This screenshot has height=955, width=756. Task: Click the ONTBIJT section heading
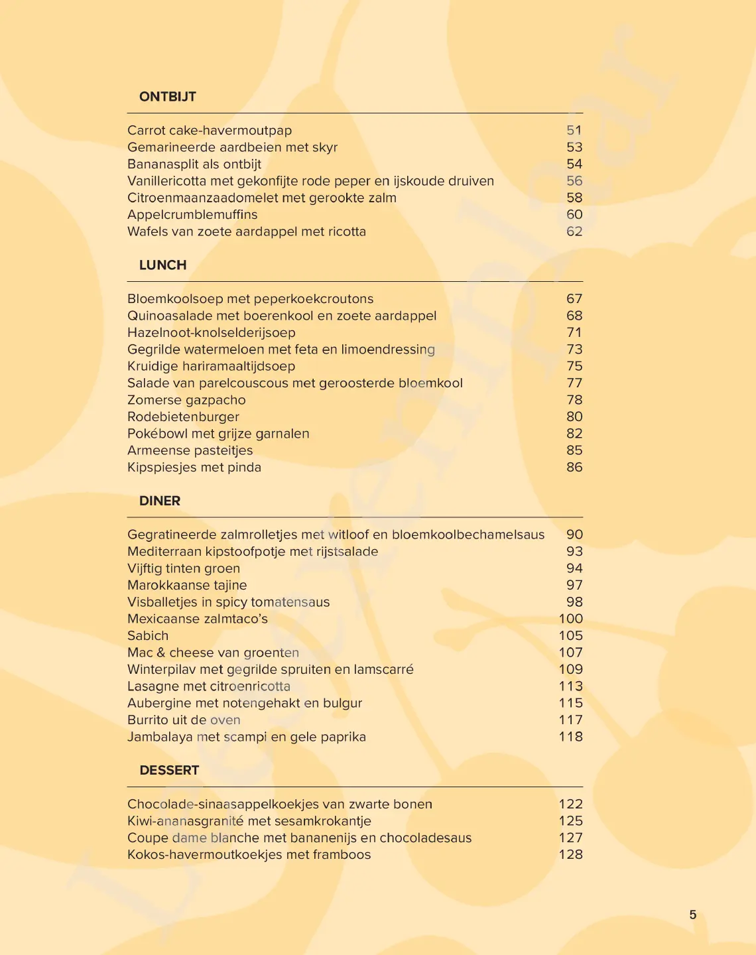[x=167, y=97]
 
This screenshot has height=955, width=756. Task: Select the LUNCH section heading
[x=162, y=265]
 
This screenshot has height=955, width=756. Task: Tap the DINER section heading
[x=159, y=501]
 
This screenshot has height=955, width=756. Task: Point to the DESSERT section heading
[x=169, y=770]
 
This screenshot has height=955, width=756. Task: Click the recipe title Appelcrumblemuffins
[x=192, y=215]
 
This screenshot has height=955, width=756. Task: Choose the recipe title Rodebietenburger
[x=183, y=417]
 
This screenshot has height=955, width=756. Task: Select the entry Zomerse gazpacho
[x=186, y=400]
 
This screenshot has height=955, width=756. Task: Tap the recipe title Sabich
[x=148, y=635]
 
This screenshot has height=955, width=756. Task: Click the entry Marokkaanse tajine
[x=187, y=585]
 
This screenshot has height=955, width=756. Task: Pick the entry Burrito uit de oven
[x=184, y=720]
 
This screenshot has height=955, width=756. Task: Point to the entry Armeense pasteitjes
[x=190, y=450]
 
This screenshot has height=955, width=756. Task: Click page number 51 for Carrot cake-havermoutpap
[x=574, y=131]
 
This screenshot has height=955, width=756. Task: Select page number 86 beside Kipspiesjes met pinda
[x=574, y=468]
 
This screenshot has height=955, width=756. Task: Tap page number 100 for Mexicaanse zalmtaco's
[x=570, y=619]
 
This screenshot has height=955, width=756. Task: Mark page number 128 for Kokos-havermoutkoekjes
[x=570, y=854]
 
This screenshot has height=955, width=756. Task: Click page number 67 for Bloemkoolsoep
[x=574, y=299]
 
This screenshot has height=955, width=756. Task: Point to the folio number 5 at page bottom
[x=692, y=915]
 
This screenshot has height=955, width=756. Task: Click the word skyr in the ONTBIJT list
[x=324, y=147]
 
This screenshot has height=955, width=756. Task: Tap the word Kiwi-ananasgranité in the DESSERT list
[x=185, y=821]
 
